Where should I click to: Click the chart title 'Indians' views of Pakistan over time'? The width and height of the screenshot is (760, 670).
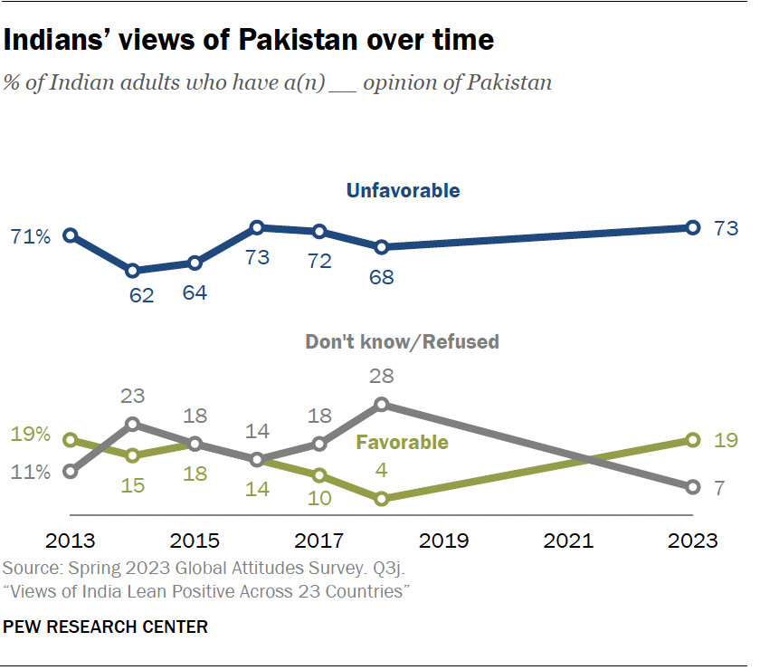(x=249, y=41)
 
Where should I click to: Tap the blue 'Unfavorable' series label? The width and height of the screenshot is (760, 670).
(x=403, y=190)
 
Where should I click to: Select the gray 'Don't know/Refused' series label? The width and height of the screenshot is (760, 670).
(x=402, y=341)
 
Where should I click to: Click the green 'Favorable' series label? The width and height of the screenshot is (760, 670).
(x=402, y=442)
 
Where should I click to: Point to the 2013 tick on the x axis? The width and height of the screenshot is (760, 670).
(x=71, y=541)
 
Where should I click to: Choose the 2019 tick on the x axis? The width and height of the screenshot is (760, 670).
(x=443, y=541)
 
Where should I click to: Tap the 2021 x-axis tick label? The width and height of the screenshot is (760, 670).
(x=568, y=541)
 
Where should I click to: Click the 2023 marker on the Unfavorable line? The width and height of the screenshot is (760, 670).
(x=692, y=227)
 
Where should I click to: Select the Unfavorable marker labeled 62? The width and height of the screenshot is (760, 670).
(x=133, y=271)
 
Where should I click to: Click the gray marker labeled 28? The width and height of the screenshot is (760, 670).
(x=382, y=404)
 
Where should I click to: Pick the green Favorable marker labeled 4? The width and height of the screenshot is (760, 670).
(x=382, y=498)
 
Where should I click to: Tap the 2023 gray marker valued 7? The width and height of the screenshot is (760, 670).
(x=692, y=487)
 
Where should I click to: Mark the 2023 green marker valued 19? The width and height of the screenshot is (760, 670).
(x=692, y=440)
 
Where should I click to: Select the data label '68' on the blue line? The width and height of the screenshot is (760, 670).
(x=382, y=277)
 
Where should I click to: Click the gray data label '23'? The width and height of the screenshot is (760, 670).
(x=133, y=396)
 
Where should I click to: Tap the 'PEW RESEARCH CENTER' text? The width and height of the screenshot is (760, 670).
(x=106, y=626)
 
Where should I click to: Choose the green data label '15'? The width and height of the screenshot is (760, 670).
(x=133, y=485)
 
